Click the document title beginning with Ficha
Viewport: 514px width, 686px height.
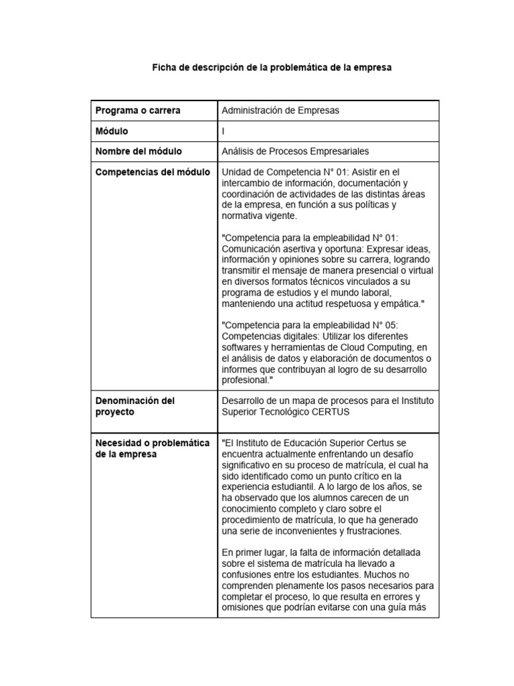coord(271,68)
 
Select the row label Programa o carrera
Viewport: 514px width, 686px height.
coord(138,110)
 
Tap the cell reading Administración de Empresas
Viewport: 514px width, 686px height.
coord(280,110)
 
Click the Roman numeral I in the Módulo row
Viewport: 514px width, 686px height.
coord(223,131)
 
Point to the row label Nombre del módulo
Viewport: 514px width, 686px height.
coord(139,151)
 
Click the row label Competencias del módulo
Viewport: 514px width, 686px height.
coord(153,172)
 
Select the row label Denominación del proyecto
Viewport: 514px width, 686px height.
coord(135,406)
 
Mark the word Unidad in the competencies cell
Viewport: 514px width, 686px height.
coord(236,172)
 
